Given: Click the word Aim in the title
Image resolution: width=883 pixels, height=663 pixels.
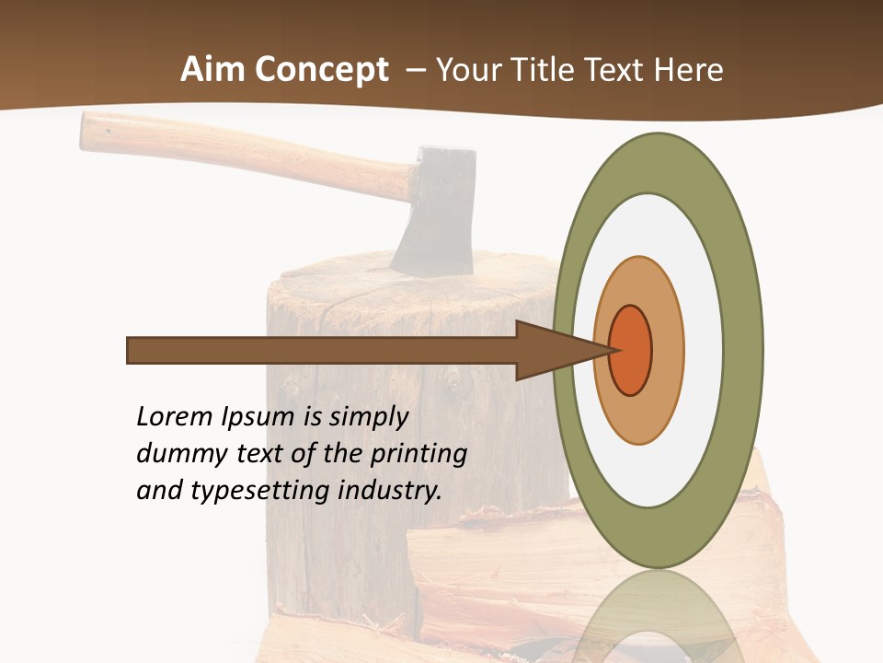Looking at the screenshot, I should tap(213, 70).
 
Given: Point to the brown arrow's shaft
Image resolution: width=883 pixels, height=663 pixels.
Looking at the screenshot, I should tap(322, 350).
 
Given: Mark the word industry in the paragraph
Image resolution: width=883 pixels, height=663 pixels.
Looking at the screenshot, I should tap(390, 491).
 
